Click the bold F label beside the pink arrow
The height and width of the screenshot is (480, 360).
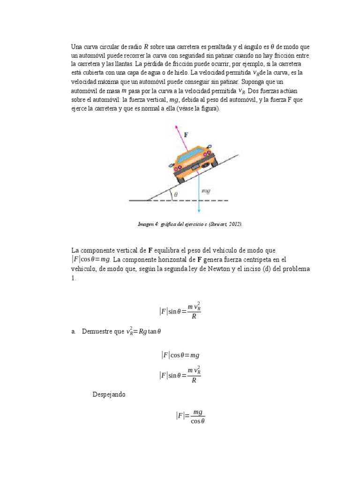point(186,135)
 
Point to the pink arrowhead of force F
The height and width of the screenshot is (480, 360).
point(177,127)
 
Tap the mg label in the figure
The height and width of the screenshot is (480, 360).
point(205,191)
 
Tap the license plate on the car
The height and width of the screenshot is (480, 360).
point(195,166)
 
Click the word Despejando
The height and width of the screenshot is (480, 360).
point(109,395)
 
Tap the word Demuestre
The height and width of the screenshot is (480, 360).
point(96,331)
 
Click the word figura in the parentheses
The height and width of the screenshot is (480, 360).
point(207,109)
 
